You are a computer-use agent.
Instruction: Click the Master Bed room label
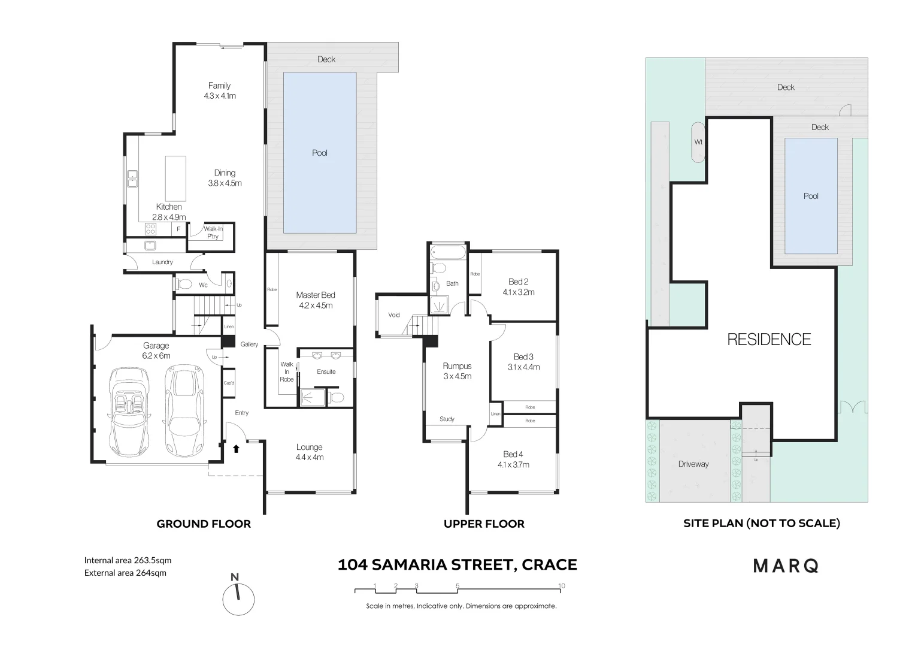[316, 295]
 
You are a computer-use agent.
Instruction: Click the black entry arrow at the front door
[236, 448]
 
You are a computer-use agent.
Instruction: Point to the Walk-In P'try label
[213, 232]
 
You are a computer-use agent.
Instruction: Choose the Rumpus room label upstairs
[457, 366]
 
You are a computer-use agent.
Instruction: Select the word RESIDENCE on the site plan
[769, 340]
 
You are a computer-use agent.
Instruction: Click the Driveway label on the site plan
[693, 464]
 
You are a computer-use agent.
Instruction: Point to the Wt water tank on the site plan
[698, 142]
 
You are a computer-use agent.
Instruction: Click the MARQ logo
[786, 566]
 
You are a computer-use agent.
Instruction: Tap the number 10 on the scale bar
[561, 586]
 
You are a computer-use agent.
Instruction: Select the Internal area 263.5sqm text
[128, 561]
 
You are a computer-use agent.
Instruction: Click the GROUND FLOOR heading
[204, 524]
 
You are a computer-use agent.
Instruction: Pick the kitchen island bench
[175, 179]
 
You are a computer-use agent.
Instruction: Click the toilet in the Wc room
[184, 284]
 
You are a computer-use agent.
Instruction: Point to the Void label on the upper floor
[393, 315]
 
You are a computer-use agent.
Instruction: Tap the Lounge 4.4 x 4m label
[309, 452]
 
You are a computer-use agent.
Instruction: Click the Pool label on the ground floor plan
[320, 153]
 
